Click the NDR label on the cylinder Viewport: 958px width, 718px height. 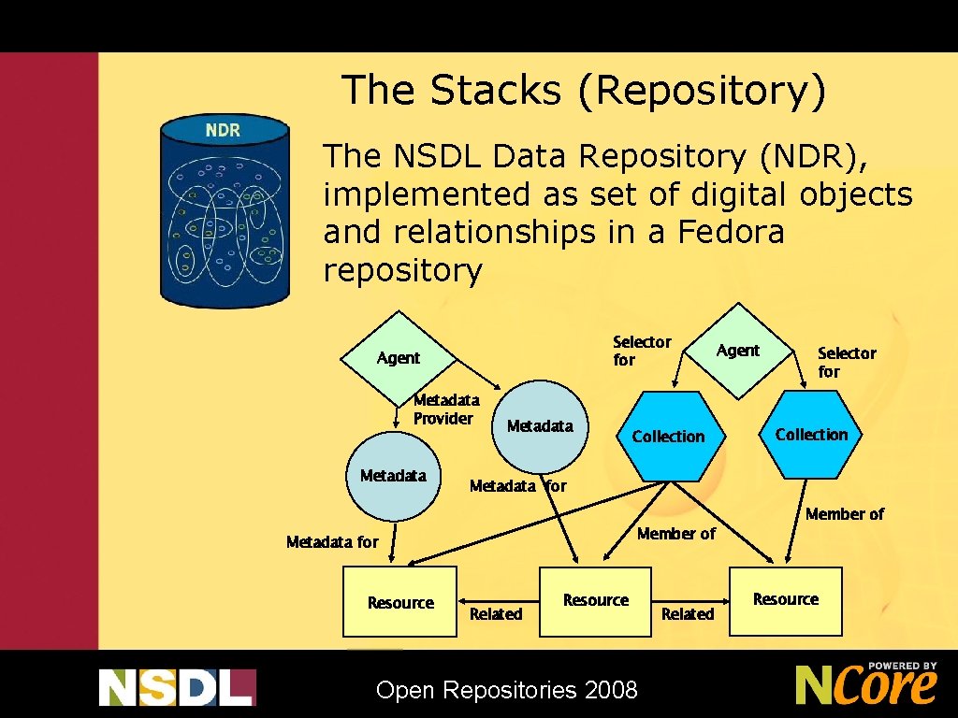[223, 130]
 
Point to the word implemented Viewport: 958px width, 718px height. [427, 194]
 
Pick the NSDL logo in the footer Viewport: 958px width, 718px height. [177, 687]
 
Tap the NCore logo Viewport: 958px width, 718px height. [865, 684]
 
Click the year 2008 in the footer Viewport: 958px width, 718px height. [611, 691]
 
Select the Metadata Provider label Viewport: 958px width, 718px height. [445, 409]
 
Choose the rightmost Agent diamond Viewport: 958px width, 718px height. [739, 350]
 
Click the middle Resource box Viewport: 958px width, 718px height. [595, 601]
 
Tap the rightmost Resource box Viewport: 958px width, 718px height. [786, 600]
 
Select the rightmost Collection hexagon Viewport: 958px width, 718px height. [811, 435]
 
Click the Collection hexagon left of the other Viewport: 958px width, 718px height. [668, 437]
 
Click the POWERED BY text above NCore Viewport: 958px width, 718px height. [902, 667]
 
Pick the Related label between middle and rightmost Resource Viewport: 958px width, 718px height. [688, 614]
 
